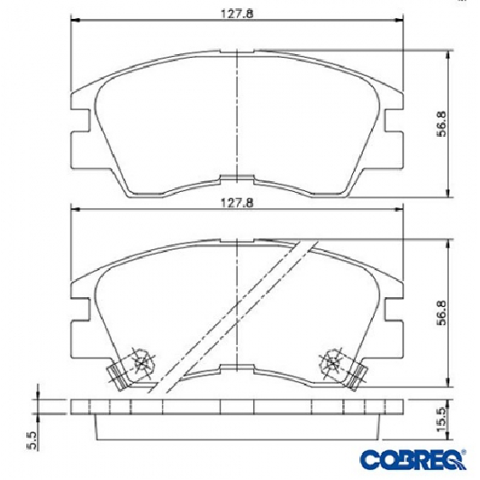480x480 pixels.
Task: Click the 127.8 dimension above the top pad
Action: point(237,14)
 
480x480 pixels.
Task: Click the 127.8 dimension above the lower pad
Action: point(237,203)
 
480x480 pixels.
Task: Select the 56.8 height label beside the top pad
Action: point(442,124)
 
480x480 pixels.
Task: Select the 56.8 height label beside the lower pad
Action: point(442,312)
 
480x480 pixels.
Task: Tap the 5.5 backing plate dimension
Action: point(32,440)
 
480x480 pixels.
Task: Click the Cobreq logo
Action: point(413,459)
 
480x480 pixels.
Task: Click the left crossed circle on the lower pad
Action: point(140,364)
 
